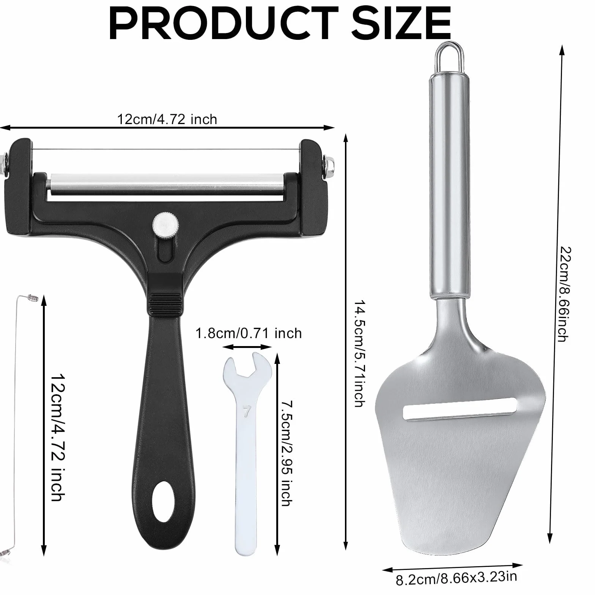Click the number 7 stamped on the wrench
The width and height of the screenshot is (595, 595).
247,411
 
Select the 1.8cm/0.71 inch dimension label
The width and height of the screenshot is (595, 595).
249,333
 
